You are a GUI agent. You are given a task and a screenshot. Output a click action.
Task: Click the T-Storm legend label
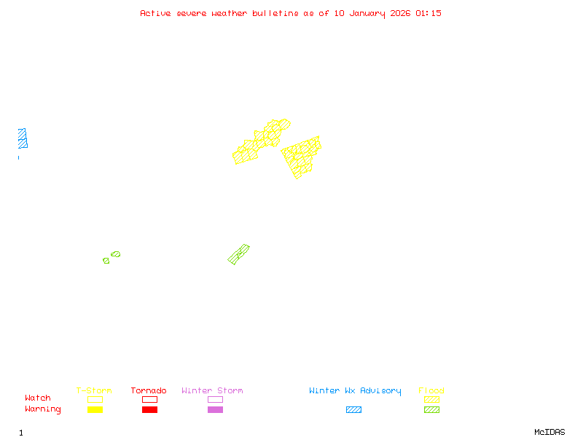coord(94,391)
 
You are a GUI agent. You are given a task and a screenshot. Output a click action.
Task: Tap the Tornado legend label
coord(149,391)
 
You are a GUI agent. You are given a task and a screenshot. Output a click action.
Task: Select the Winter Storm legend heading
coord(212,391)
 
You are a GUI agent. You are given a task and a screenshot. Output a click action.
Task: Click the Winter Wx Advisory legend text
coord(355,391)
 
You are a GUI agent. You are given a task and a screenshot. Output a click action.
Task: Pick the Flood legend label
coord(431,391)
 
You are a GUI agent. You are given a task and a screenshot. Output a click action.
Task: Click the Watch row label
coord(38,398)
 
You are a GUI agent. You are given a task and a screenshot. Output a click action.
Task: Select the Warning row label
coord(43,409)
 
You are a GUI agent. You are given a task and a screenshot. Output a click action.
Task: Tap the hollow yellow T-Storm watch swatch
coord(95,399)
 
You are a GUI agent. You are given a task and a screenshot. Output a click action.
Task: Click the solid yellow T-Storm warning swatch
coord(95,410)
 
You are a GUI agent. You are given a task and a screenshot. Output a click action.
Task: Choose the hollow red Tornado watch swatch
coord(149,399)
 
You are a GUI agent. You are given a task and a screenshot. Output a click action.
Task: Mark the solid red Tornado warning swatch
coord(149,410)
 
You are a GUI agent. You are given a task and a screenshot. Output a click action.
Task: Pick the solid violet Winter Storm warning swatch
coord(215,410)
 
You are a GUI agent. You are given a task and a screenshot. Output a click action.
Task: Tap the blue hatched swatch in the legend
coord(353,410)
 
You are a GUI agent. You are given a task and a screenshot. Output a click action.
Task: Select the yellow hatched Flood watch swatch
coord(431,399)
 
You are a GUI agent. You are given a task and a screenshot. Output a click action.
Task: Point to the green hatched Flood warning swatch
coord(431,410)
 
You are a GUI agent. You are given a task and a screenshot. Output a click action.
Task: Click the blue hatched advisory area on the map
coord(23,138)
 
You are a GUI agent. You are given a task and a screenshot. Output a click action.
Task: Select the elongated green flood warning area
coord(238,254)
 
